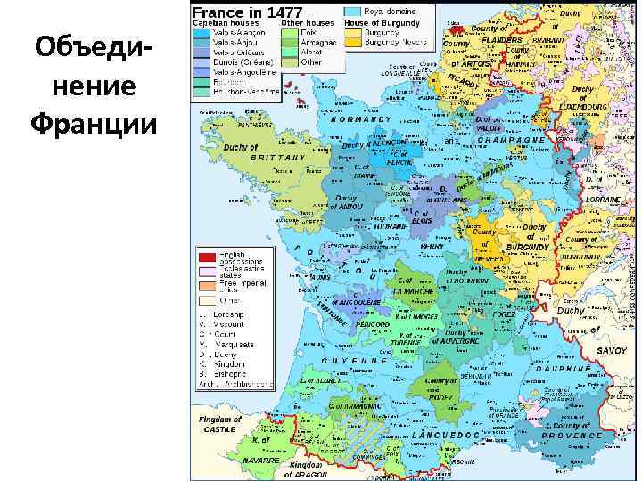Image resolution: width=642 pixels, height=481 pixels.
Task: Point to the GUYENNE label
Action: [x=354, y=360]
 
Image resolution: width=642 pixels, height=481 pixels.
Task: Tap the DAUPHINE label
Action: [x=562, y=367]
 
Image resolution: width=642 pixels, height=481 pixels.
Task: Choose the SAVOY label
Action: [x=612, y=351]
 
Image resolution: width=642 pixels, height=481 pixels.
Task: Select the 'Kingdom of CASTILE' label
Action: [x=219, y=424]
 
